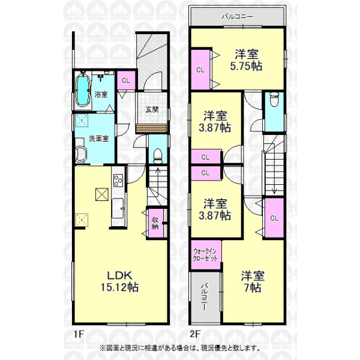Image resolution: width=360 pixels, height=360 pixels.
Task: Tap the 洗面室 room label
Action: coord(99,139)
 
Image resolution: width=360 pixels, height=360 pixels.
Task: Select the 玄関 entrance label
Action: coord(152,109)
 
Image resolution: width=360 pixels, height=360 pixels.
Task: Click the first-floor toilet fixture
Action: coord(157,156)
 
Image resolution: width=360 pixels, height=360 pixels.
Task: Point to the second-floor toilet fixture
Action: coord(274,99)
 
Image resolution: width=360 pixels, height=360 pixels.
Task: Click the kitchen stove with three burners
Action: coord(118,180)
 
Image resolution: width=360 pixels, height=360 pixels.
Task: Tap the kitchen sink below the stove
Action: coord(118,209)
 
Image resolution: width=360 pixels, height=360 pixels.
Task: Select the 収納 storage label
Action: coord(155,223)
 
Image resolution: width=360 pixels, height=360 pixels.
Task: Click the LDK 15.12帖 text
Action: coord(119,281)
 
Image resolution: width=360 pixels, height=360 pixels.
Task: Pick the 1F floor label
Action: coord(79,334)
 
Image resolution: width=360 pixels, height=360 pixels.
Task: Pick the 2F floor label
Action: coord(195,334)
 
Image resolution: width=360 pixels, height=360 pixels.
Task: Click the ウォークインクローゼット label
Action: coord(205,255)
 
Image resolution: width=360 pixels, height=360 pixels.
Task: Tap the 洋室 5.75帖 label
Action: coord(246,60)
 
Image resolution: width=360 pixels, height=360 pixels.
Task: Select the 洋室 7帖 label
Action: coord(253,282)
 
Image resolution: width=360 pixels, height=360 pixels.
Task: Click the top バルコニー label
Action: coord(238,17)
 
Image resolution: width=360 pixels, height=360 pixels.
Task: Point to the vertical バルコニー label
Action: coord(205,297)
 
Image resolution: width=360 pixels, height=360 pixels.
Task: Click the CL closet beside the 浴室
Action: coord(126,80)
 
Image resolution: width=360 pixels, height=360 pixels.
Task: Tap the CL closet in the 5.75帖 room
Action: coord(200,70)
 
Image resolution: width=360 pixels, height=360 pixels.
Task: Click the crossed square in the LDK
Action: coord(102,194)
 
